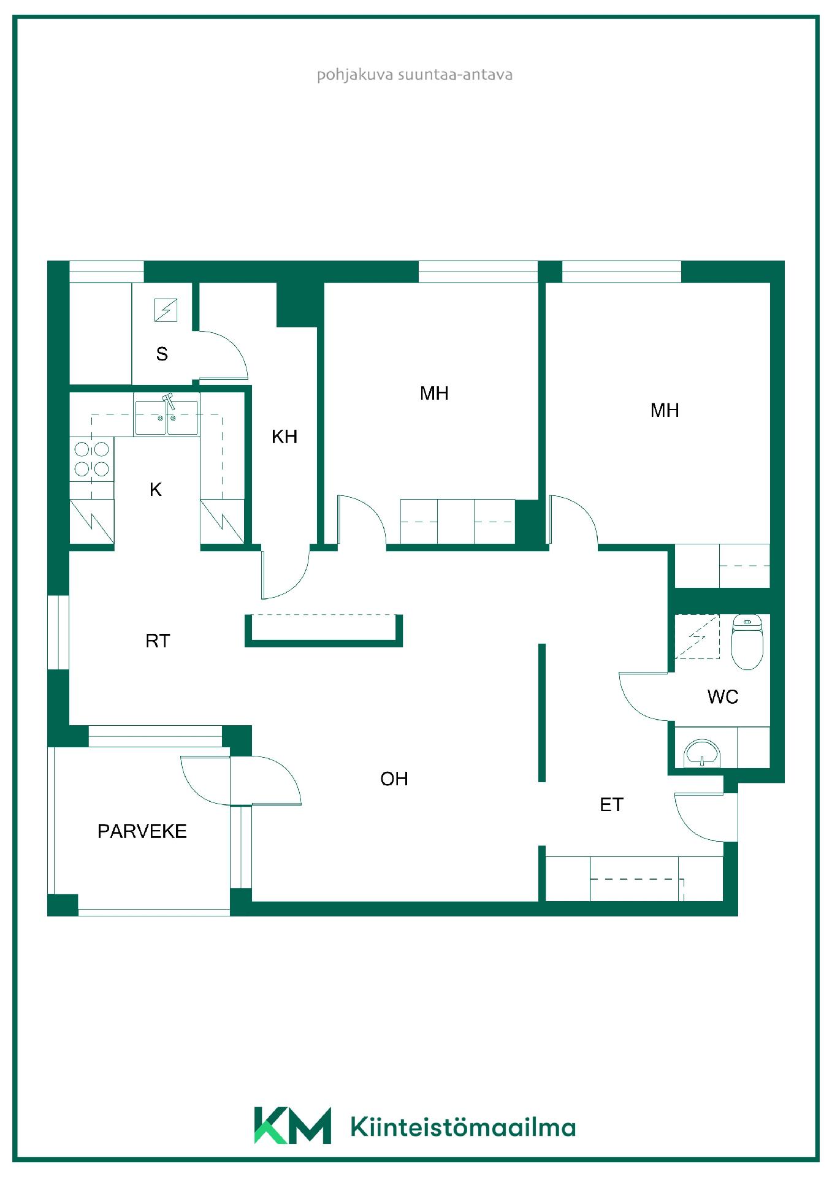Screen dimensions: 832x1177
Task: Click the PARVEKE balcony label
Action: point(142,831)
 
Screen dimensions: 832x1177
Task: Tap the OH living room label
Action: point(394,779)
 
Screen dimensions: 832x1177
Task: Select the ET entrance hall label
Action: point(611,804)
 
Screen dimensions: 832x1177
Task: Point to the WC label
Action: point(723,696)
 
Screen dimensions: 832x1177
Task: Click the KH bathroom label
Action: point(284,436)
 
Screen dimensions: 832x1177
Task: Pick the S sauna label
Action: point(162,354)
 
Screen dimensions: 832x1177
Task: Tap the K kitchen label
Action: point(156,489)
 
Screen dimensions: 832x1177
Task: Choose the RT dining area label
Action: point(158,641)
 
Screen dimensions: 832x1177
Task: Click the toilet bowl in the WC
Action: point(747,642)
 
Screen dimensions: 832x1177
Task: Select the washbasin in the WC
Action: point(702,753)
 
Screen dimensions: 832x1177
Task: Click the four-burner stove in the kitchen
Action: point(92,459)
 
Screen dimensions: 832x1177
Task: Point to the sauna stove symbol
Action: point(166,310)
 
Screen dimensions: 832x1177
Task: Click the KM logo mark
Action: point(292,1126)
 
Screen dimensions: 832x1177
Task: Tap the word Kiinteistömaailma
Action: point(463,1127)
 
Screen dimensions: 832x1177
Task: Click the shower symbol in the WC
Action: point(697,636)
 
